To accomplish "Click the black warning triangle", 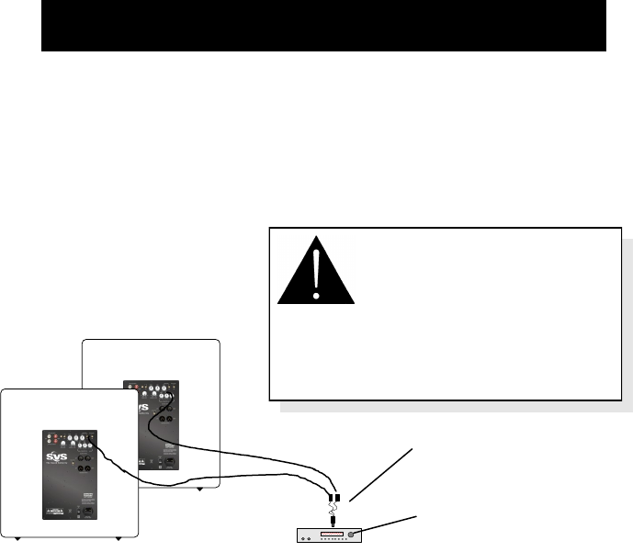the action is [x=315, y=273].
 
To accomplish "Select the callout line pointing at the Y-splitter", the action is [x=380, y=474].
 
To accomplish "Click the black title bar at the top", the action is [x=323, y=26].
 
